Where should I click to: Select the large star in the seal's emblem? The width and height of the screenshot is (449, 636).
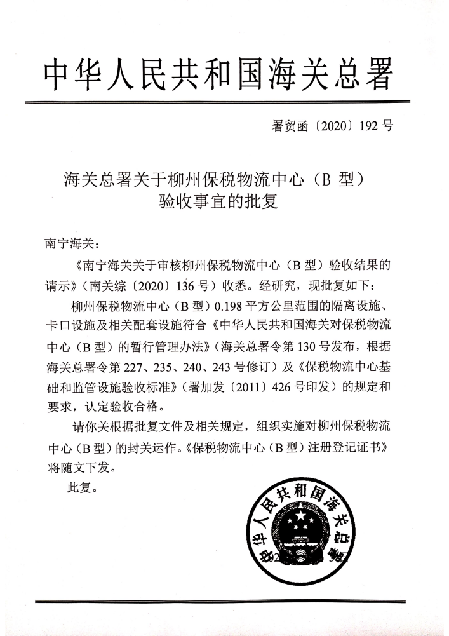point(297,524)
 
